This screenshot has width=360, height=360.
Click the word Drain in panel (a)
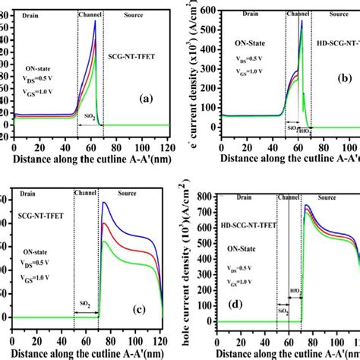point(27,13)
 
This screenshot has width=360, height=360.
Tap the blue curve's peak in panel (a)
point(95,21)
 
